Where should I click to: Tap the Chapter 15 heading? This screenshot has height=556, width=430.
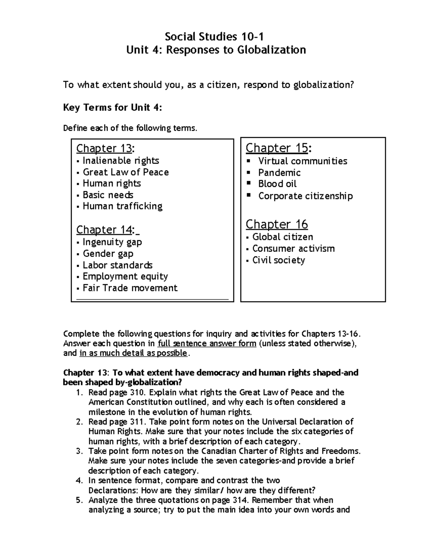tap(278, 148)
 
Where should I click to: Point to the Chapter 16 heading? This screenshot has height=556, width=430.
tap(277, 224)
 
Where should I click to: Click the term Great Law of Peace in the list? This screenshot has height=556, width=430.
tap(125, 172)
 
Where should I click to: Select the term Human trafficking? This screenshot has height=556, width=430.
tap(123, 206)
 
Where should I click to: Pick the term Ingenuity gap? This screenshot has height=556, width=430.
tap(112, 242)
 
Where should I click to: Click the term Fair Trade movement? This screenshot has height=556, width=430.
tap(130, 288)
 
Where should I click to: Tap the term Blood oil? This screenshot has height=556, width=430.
tap(277, 184)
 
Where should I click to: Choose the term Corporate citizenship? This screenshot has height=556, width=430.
tap(305, 196)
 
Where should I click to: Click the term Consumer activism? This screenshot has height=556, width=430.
tap(293, 248)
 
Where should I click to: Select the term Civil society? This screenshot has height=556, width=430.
tap(278, 260)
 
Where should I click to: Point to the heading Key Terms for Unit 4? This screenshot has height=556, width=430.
tap(113, 107)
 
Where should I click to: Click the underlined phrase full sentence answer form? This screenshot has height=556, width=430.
tap(207, 344)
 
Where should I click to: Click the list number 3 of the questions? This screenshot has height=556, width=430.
tap(79, 451)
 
